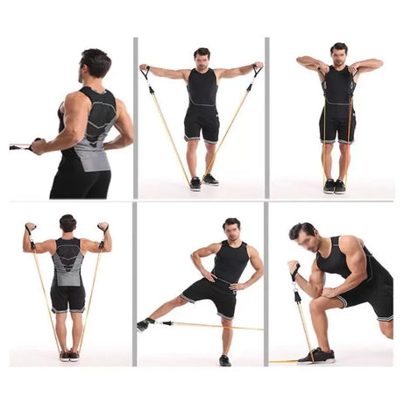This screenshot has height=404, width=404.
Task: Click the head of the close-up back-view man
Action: (94, 64)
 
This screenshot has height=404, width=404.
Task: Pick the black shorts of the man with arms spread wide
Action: (202, 124)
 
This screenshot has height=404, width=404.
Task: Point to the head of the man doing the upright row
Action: (338, 53)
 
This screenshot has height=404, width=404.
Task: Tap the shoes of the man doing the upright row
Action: (334, 186)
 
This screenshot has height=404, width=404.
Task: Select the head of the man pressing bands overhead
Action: (67, 223)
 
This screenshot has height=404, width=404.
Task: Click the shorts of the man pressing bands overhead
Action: (67, 298)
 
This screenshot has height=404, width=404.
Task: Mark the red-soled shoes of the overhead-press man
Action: (68, 355)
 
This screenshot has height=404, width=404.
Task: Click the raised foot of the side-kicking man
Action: (144, 325)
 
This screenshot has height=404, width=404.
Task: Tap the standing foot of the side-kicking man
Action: (225, 359)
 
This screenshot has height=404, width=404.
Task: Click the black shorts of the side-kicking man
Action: (211, 296)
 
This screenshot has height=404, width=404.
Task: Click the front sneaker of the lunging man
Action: (317, 355)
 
